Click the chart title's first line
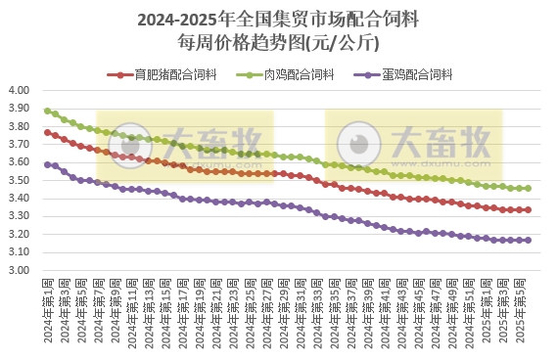point(278,19)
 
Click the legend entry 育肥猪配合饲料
point(162,74)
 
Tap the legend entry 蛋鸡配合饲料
point(417,74)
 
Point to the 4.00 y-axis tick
point(22,91)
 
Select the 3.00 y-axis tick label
point(22,270)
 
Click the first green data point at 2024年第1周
point(47,111)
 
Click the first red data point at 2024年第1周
point(47,132)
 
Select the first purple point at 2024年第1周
point(47,164)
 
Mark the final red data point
point(529,209)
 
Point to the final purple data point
point(529,240)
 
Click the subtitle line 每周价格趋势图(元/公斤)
point(278,43)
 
